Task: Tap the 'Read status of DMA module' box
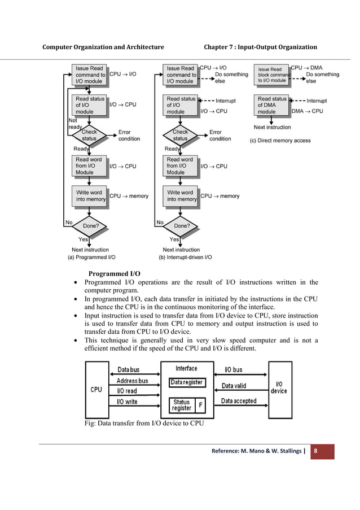point(272,105)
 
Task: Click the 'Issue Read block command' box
point(273,75)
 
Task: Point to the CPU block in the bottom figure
point(96,389)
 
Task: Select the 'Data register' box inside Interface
point(187,382)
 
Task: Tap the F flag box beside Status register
point(201,406)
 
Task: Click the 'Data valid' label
point(234,386)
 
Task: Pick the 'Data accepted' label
point(238,401)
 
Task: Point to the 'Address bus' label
point(133,381)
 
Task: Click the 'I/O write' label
point(128,401)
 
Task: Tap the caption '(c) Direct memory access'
point(280,141)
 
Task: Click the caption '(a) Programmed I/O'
point(91,257)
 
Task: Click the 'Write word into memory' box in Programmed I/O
point(89,196)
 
